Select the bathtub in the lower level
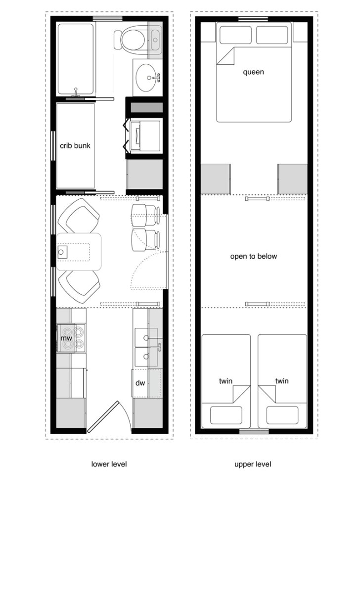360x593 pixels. (x=76, y=59)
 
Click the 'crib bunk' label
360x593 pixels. (x=75, y=146)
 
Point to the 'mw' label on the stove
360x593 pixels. (x=66, y=338)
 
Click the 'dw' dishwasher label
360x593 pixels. (x=140, y=383)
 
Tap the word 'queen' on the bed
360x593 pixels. (x=253, y=72)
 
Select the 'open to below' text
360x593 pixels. (x=253, y=257)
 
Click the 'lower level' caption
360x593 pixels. (x=109, y=464)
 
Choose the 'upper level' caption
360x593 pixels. (x=253, y=464)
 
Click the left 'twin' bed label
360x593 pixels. (x=226, y=381)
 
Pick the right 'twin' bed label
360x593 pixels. (x=282, y=381)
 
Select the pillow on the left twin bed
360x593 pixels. (x=226, y=415)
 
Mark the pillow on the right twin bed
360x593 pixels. (x=282, y=415)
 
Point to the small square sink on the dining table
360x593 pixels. (x=61, y=253)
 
